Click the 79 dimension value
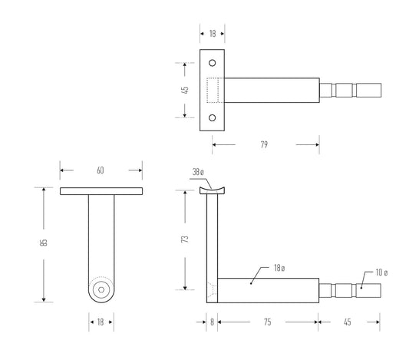click(x=265, y=144)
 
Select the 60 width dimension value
click(x=101, y=170)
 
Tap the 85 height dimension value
click(x=45, y=242)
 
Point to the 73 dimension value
click(x=185, y=239)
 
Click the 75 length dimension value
click(x=268, y=322)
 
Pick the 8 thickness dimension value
click(x=213, y=322)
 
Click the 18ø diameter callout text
click(x=279, y=268)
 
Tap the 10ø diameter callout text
click(x=381, y=272)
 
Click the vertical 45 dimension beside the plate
click(x=185, y=90)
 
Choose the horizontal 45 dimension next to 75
click(x=349, y=322)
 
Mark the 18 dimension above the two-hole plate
click(x=213, y=34)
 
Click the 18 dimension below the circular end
click(x=101, y=322)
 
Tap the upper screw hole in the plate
click(x=213, y=62)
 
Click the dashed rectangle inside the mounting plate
click(x=213, y=90)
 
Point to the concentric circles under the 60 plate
click(x=101, y=290)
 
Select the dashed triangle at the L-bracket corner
click(x=212, y=290)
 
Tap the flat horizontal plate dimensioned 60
click(x=101, y=189)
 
